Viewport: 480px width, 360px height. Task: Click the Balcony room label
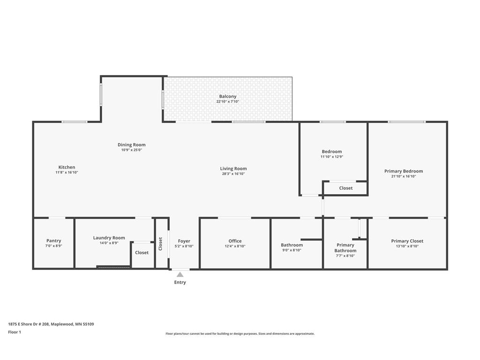pyautogui.click(x=228, y=96)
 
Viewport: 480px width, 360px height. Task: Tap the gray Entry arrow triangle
pyautogui.click(x=180, y=275)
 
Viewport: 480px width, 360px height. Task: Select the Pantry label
pyautogui.click(x=54, y=241)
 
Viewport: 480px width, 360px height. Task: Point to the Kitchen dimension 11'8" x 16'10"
pyautogui.click(x=67, y=172)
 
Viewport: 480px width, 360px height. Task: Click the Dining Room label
pyautogui.click(x=132, y=145)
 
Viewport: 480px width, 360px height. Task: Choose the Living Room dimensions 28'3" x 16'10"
pyautogui.click(x=233, y=174)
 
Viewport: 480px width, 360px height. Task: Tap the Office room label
pyautogui.click(x=235, y=241)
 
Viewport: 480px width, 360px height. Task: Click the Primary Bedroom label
pyautogui.click(x=404, y=171)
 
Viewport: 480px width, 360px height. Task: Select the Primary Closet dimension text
pyautogui.click(x=407, y=246)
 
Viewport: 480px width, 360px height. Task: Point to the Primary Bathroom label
pyautogui.click(x=345, y=247)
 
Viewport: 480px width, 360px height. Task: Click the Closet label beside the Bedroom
pyautogui.click(x=346, y=188)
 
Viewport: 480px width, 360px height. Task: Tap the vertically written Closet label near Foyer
pyautogui.click(x=160, y=244)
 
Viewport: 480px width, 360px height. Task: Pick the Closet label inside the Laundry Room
pyautogui.click(x=142, y=253)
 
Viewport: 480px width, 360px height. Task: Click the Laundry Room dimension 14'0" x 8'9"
pyautogui.click(x=109, y=243)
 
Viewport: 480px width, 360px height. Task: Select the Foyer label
pyautogui.click(x=184, y=241)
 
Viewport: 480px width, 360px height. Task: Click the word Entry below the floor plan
pyautogui.click(x=180, y=282)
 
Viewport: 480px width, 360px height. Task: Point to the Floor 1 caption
pyautogui.click(x=15, y=332)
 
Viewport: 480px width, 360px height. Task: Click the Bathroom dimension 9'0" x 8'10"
pyautogui.click(x=292, y=250)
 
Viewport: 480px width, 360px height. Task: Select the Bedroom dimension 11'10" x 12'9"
pyautogui.click(x=332, y=157)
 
